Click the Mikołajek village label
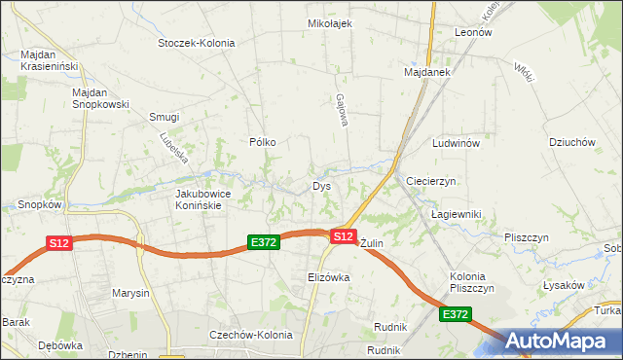329,23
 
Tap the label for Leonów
473,31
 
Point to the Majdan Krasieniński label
50,61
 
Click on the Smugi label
164,117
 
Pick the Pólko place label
263,142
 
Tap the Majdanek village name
425,72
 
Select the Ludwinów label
457,143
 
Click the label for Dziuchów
571,142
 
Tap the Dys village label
321,186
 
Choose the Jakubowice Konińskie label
202,199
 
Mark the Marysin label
130,293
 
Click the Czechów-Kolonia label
251,335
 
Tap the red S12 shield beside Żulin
343,236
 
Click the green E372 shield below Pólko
264,242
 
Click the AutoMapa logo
561,341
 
